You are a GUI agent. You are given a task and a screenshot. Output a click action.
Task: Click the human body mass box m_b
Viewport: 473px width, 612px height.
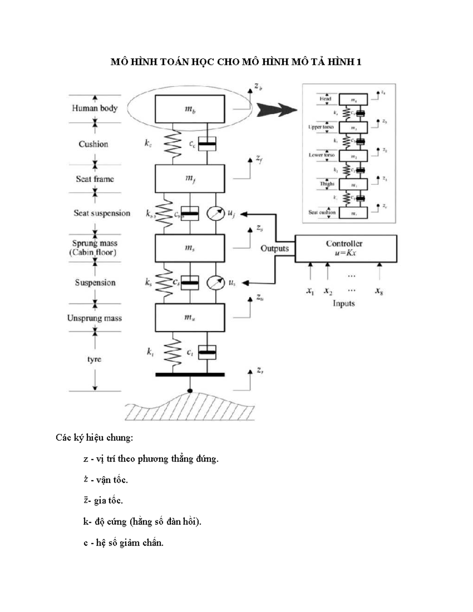coord(190,109)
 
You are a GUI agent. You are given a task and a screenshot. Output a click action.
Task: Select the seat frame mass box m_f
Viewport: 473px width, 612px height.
coord(190,179)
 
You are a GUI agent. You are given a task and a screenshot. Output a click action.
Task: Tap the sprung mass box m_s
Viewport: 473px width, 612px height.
coord(190,248)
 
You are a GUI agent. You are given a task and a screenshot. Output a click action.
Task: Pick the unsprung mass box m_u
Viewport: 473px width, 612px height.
coord(190,317)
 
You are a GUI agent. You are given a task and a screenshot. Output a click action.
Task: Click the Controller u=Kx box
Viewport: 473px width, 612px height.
coord(346,248)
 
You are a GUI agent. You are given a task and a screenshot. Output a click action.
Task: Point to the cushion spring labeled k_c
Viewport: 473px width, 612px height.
coord(172,144)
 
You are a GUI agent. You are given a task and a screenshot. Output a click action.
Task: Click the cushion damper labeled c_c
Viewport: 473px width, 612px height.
coord(207,144)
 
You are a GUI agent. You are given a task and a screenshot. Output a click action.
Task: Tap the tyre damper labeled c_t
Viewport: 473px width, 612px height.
coord(207,352)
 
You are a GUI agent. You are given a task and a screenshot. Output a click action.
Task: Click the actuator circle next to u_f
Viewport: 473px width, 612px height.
coord(216,214)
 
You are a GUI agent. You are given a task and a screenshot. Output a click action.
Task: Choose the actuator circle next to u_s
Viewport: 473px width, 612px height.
coord(216,283)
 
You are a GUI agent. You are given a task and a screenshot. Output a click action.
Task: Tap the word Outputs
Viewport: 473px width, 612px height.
coord(275,249)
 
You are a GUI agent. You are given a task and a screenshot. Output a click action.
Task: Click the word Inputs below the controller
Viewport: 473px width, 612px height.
coord(344,303)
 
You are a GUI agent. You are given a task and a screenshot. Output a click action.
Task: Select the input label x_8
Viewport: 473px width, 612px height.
coord(379,291)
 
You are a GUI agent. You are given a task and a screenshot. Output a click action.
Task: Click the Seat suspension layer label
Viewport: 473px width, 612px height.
coord(102,213)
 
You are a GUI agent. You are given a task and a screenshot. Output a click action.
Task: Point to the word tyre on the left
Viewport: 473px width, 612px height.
coord(94,359)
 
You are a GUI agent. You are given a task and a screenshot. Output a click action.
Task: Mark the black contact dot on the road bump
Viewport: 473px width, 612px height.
coord(190,391)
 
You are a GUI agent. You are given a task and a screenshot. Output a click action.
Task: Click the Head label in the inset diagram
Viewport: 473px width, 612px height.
coord(325,99)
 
